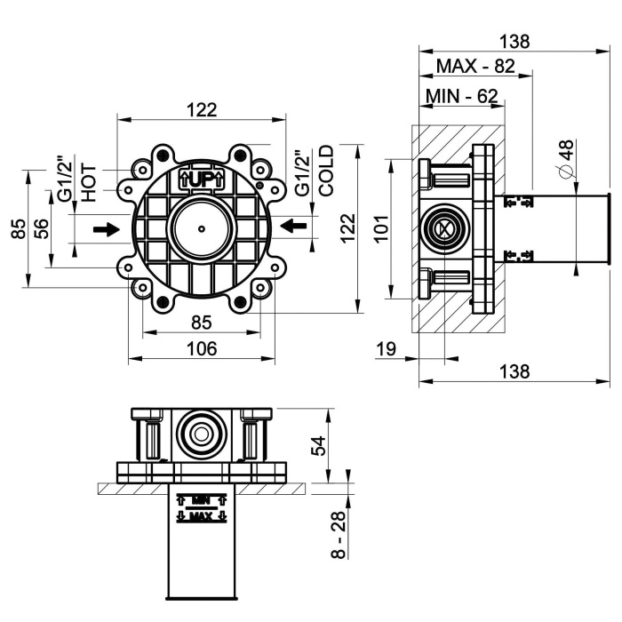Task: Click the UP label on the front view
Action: coord(202,180)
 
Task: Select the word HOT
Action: coord(89,183)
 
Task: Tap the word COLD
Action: coord(327,171)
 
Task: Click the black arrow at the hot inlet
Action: coord(107,229)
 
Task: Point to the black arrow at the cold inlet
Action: coord(293,226)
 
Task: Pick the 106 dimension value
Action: coord(202,348)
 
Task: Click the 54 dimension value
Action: coord(318,446)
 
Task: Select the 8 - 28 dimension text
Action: coord(339,535)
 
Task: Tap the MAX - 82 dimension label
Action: coord(475,67)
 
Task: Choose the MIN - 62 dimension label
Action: coord(461,96)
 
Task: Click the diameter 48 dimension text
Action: coord(566,159)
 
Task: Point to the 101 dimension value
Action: coord(381,228)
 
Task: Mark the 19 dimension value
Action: coord(386,349)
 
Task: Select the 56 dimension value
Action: coord(43,228)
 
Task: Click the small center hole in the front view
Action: coord(202,229)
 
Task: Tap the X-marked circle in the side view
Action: coord(445,229)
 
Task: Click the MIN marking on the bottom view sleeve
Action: coord(202,499)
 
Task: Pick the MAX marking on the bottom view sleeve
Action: coord(202,516)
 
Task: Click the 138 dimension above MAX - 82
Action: coord(514,41)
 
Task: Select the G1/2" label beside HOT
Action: coord(66,181)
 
